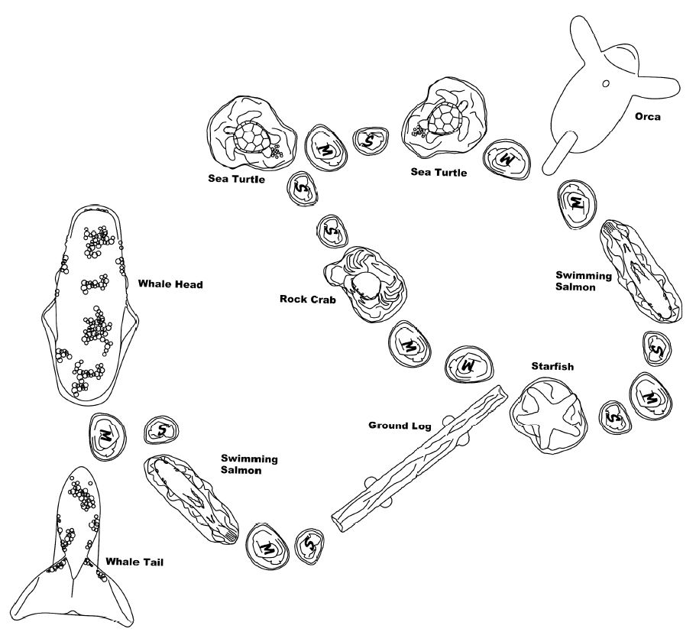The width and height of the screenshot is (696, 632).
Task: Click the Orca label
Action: point(648,117)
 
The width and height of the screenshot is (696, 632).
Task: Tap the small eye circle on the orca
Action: point(606,83)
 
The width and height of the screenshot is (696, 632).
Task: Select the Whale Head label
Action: point(170,284)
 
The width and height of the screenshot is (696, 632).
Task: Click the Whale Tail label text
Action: point(134,562)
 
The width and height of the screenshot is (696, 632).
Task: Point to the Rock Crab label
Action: point(308,299)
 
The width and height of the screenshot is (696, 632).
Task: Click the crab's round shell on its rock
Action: point(366,286)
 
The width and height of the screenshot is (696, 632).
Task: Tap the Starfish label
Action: point(552,366)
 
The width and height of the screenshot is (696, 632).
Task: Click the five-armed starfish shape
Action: point(549,414)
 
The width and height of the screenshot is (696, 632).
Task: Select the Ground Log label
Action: point(400,426)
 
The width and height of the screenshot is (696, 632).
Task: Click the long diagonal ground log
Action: point(419,459)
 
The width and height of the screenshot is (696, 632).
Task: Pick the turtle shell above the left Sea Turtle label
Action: point(251,136)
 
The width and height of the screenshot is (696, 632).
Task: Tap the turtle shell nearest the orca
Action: point(445,118)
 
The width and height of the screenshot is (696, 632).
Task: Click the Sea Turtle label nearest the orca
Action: point(439,172)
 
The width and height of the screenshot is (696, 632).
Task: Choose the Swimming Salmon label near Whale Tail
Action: point(249,464)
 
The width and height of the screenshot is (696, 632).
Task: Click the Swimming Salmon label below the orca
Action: point(584,281)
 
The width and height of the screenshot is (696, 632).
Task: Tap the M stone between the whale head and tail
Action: point(108,436)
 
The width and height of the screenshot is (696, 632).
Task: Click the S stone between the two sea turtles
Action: point(371,141)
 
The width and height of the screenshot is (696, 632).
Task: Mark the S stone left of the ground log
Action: point(310,546)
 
